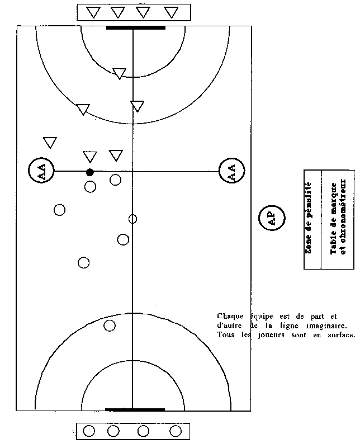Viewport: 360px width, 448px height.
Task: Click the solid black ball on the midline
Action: click(90, 172)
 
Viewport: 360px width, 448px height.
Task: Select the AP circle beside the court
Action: click(272, 219)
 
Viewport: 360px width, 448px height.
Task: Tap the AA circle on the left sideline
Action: click(41, 170)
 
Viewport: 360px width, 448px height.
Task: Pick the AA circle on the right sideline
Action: click(232, 171)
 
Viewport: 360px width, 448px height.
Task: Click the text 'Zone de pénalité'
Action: click(309, 218)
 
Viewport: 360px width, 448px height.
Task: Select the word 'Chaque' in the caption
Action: click(230, 317)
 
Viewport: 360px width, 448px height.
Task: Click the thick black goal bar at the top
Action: click(136, 28)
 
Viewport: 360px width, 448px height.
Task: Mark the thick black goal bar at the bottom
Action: click(135, 410)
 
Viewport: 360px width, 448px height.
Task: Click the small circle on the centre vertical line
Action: click(132, 219)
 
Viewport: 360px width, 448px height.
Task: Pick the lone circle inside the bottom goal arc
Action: click(110, 326)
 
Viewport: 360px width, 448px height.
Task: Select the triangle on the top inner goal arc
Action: click(119, 73)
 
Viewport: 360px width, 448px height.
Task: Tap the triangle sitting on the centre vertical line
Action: click(138, 106)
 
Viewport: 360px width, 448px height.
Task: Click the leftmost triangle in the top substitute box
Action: click(93, 12)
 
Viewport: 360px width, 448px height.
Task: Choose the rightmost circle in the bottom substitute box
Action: click(176, 431)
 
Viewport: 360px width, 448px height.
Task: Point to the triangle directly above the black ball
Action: click(90, 157)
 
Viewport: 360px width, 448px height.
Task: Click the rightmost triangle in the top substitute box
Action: click(171, 12)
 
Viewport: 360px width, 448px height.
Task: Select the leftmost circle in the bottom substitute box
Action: click(89, 431)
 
